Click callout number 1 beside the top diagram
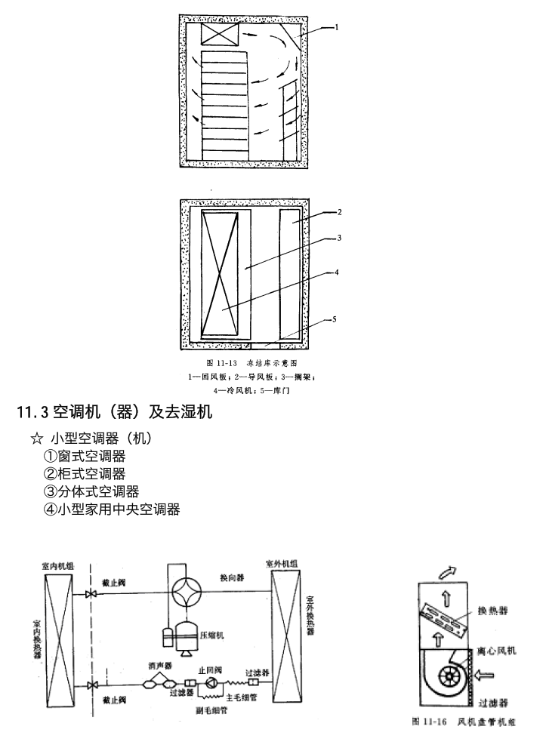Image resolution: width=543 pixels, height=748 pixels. [x=336, y=27]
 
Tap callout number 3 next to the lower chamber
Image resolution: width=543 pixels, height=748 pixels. [x=340, y=238]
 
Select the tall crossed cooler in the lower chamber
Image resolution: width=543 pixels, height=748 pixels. [x=224, y=273]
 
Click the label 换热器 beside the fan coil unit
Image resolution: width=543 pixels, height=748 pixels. [x=493, y=611]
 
